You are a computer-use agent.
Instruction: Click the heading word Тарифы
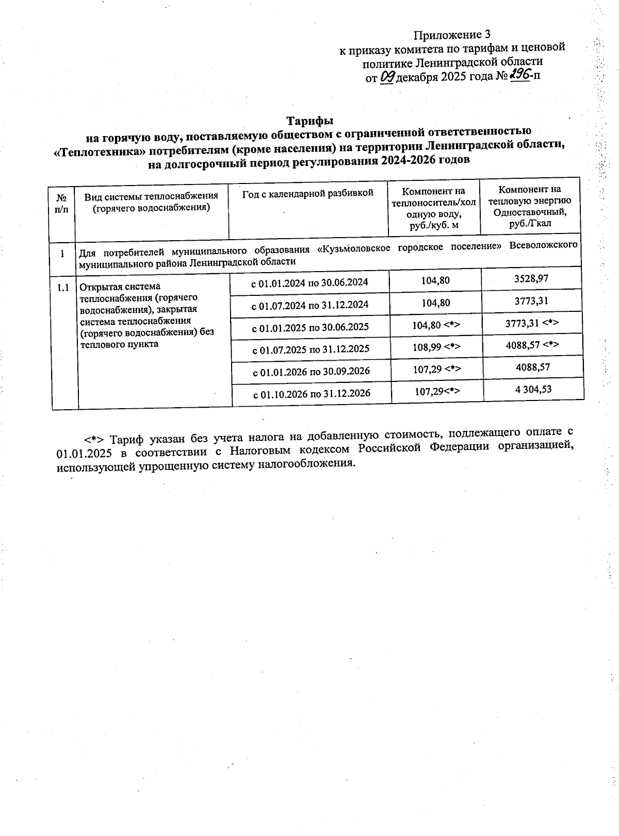coord(310,121)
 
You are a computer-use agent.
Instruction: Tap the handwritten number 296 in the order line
coord(519,75)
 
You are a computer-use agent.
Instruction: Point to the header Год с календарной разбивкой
coord(307,193)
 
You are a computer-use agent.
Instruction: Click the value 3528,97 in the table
coord(531,279)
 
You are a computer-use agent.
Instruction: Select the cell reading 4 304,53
coord(533,389)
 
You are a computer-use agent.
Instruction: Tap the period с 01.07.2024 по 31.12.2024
coord(309,305)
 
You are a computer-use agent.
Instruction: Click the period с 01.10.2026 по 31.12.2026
coord(311,394)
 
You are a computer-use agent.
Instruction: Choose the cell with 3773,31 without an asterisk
coord(531,301)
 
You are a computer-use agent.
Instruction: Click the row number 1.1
coord(63,288)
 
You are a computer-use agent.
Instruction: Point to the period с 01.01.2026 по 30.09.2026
coord(311,371)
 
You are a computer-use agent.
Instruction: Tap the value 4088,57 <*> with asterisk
coord(532,344)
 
